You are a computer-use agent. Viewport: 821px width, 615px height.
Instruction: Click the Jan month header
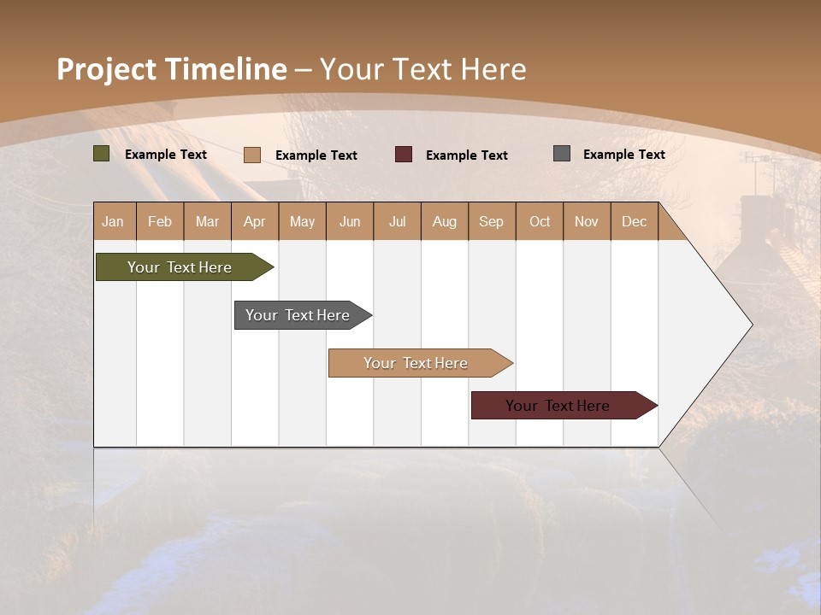(x=113, y=221)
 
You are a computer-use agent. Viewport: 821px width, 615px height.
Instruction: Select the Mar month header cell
(x=207, y=221)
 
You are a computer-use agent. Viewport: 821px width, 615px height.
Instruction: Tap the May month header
(x=302, y=221)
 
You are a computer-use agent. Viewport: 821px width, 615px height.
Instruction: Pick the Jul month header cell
(x=397, y=221)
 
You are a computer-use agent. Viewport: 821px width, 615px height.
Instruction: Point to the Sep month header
(x=491, y=221)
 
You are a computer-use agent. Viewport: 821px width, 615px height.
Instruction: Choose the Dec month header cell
(x=634, y=221)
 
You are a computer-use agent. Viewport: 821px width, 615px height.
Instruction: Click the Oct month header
(x=540, y=221)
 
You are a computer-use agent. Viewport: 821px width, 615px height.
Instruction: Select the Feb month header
(x=160, y=221)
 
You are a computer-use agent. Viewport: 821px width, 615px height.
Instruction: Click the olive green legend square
(x=102, y=154)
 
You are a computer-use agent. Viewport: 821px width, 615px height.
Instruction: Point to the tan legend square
(x=252, y=155)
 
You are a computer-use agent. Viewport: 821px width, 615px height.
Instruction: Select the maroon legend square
(x=404, y=155)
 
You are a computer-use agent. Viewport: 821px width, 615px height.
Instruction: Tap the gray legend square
(x=562, y=154)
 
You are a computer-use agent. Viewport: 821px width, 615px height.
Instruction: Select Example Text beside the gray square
(x=623, y=155)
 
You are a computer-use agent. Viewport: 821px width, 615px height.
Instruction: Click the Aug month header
(x=444, y=221)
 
